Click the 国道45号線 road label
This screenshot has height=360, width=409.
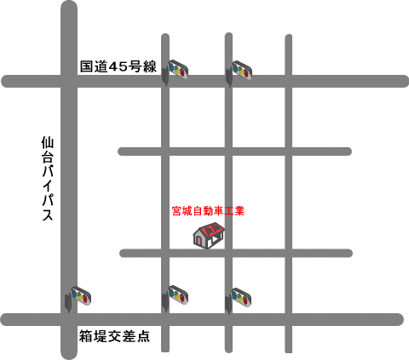[x=118, y=66]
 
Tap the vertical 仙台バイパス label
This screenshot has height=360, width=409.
[x=48, y=179]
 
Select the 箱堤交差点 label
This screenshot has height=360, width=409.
[x=114, y=336]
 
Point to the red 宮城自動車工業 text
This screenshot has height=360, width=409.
[x=208, y=211]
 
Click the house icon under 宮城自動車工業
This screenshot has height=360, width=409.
[x=209, y=236]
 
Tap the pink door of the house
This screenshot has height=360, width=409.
[x=199, y=241]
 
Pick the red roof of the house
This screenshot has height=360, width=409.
[x=212, y=229]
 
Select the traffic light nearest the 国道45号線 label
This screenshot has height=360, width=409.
[x=175, y=71]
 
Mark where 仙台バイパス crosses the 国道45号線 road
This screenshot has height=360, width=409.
[x=69, y=81]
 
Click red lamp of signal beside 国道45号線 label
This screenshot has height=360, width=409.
[x=183, y=72]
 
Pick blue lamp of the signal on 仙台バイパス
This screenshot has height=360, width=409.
[x=75, y=294]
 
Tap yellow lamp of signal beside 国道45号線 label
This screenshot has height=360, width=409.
[x=177, y=70]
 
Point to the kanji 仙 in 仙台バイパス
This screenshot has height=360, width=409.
[x=48, y=143]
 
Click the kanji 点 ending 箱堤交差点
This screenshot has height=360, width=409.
[x=143, y=336]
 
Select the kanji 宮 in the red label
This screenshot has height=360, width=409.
[x=176, y=211]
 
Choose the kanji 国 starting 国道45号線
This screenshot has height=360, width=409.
[x=86, y=66]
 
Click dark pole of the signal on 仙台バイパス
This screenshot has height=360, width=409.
[x=68, y=303]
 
